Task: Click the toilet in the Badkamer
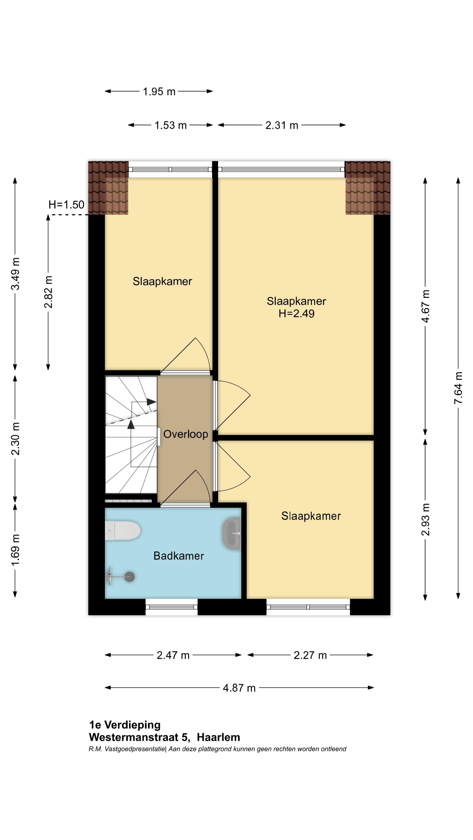[x=123, y=530]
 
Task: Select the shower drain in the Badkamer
[x=130, y=577]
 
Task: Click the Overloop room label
[x=185, y=434]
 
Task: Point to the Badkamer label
[x=178, y=556]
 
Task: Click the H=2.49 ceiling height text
[x=297, y=313]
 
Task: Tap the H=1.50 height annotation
[x=66, y=205]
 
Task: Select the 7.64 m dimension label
[x=458, y=388]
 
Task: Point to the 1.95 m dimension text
[x=159, y=92]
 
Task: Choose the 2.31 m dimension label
[x=282, y=125]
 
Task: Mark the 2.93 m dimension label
[x=425, y=520]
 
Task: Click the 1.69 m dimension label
[x=15, y=550]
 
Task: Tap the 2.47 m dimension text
[x=173, y=655]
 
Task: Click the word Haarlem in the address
[x=218, y=737]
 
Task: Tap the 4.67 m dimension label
[x=425, y=306]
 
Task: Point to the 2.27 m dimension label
[x=310, y=655]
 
